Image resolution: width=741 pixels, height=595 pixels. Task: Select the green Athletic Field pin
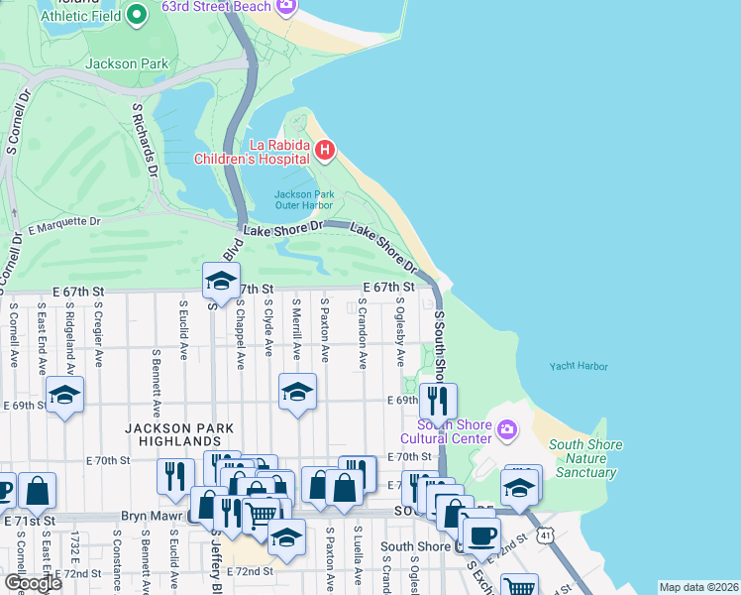pyautogui.click(x=138, y=13)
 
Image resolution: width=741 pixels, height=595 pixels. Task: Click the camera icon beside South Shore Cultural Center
pyautogui.click(x=507, y=429)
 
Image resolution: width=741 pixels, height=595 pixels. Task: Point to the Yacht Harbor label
pyautogui.click(x=579, y=366)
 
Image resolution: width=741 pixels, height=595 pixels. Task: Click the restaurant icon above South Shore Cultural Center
pyautogui.click(x=437, y=401)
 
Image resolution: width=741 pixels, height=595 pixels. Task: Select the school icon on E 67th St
pyautogui.click(x=221, y=281)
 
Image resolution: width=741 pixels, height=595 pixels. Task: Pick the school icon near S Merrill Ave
pyautogui.click(x=296, y=392)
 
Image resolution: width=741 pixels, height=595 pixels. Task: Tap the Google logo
pyautogui.click(x=33, y=583)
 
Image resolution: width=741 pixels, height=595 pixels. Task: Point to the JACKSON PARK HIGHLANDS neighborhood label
pyautogui.click(x=179, y=434)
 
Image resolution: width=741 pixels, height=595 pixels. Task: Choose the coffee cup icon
pyautogui.click(x=481, y=535)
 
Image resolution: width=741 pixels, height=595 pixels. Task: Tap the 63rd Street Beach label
pyautogui.click(x=215, y=6)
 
